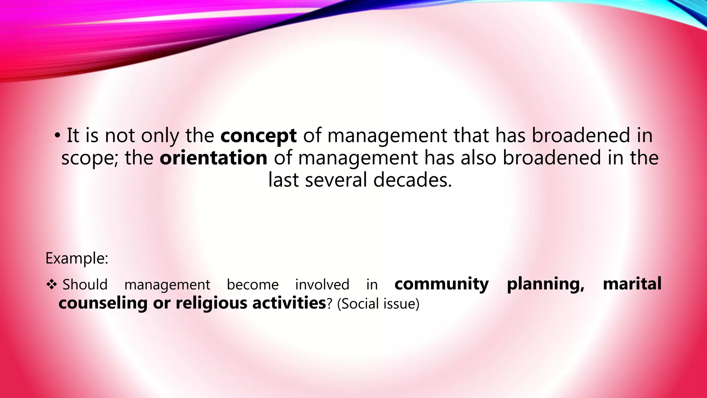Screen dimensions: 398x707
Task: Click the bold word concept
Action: coord(258,136)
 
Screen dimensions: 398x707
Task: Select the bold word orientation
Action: coord(213,158)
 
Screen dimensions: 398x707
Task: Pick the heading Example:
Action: coord(77,258)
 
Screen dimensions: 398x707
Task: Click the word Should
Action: coord(85,285)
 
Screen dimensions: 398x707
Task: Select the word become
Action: coord(252,285)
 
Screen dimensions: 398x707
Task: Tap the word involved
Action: coord(322,285)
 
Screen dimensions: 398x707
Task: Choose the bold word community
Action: coord(442,284)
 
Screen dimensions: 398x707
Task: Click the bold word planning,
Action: coord(545,285)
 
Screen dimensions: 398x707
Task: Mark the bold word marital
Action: coord(632,284)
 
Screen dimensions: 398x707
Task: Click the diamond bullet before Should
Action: coord(51,284)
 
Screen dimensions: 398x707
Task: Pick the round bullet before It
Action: coord(57,135)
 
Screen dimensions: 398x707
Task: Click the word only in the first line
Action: coord(160,136)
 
